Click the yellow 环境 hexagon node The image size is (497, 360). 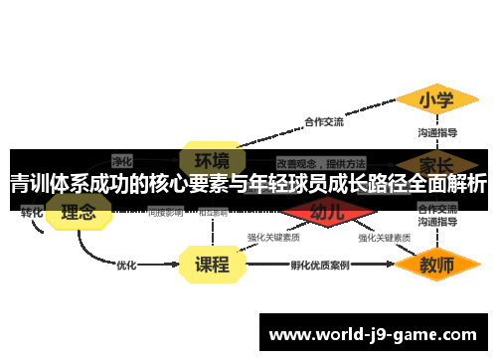click(211, 159)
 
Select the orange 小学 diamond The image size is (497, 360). click(435, 100)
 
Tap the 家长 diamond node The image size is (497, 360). click(435, 162)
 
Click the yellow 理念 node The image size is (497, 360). click(79, 212)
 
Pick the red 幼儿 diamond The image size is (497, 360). click(327, 212)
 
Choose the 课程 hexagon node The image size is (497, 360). click(211, 265)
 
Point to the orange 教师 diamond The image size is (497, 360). click(435, 266)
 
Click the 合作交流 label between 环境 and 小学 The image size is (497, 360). click(324, 122)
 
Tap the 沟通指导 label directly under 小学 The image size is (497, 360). click(437, 131)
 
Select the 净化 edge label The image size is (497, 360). click(122, 159)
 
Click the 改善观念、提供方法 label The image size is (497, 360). click(320, 162)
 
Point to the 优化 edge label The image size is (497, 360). click(126, 266)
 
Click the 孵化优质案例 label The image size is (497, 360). click(320, 266)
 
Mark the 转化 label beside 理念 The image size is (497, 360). click(32, 212)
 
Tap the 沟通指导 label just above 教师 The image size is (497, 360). click(437, 226)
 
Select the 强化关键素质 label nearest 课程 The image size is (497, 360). click(273, 238)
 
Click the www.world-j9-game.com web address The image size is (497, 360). click(373, 334)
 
